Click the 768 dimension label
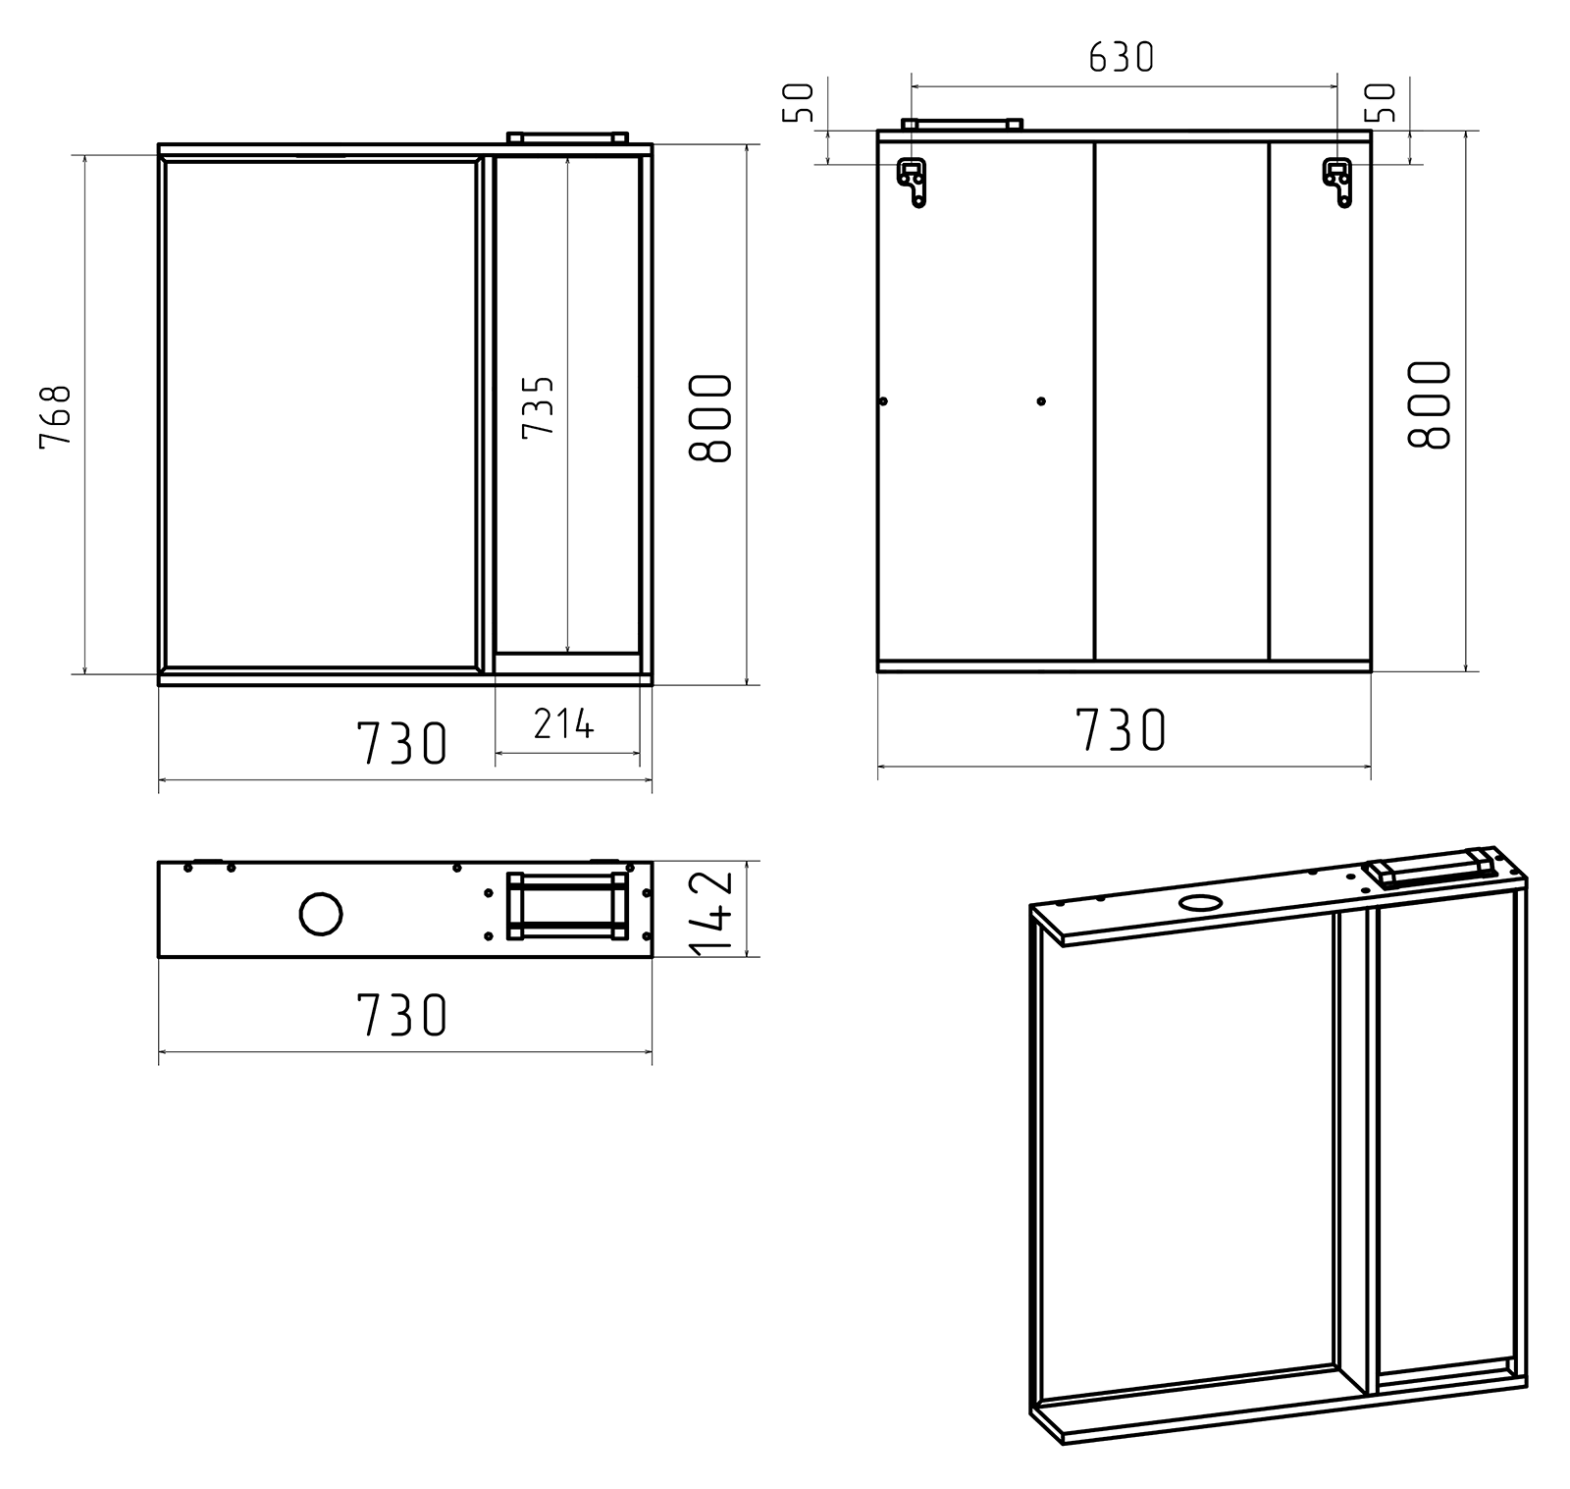[x=56, y=416]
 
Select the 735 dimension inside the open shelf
[x=539, y=406]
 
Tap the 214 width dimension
[x=564, y=724]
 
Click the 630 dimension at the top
[x=1122, y=58]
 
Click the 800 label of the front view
[x=710, y=418]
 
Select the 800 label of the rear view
[x=1429, y=404]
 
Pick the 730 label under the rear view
[x=1122, y=730]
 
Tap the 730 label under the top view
[x=401, y=1016]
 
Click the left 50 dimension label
[x=800, y=102]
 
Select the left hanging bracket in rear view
[x=913, y=183]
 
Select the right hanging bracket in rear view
[x=1337, y=183]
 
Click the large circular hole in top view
[x=320, y=914]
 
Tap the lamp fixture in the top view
[x=567, y=906]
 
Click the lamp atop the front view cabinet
[x=567, y=138]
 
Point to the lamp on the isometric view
[x=1431, y=867]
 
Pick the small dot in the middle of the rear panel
[x=1041, y=401]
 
